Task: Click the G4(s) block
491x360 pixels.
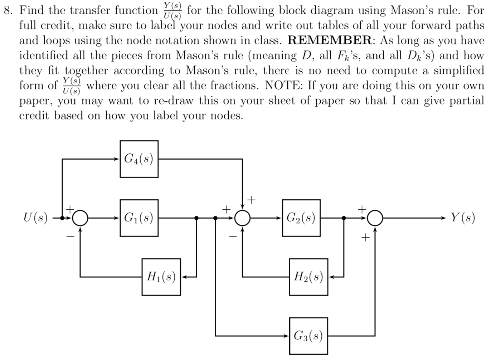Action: (139, 159)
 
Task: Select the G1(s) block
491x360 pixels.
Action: (139, 218)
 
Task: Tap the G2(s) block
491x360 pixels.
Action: (301, 218)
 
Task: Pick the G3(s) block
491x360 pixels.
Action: (308, 336)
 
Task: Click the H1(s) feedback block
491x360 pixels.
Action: (161, 277)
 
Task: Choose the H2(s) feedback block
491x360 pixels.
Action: (308, 277)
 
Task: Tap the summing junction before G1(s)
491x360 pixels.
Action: (80, 218)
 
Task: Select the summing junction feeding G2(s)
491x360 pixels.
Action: (242, 218)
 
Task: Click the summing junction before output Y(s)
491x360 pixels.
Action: (375, 218)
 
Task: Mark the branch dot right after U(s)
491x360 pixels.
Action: (62, 218)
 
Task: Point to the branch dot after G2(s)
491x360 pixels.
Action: (344, 218)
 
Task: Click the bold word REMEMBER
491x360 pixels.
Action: (329, 40)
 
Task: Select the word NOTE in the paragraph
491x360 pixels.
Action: (280, 86)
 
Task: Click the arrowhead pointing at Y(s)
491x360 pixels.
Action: (443, 218)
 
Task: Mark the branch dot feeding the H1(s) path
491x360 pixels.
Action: (196, 218)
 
